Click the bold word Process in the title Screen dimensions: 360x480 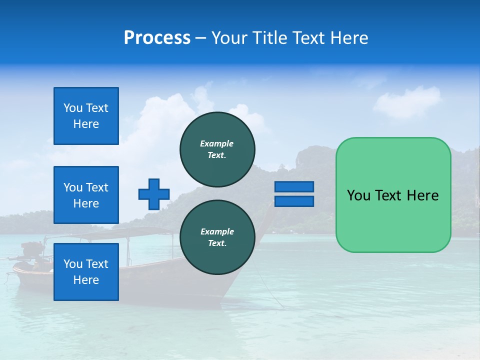[x=157, y=37]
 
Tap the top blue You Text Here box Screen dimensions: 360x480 [x=86, y=116]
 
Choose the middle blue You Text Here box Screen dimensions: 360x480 [x=86, y=195]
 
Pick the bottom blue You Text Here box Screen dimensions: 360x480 [x=86, y=271]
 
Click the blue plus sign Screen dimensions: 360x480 [x=154, y=194]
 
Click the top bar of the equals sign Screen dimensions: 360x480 [x=294, y=187]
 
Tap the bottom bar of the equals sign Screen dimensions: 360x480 [x=294, y=201]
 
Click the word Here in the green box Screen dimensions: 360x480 [x=422, y=195]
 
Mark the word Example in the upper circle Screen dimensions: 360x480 [x=216, y=143]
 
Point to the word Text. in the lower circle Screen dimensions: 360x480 [x=217, y=243]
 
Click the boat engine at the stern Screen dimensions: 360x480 [x=32, y=250]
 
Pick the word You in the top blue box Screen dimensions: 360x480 [x=72, y=108]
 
